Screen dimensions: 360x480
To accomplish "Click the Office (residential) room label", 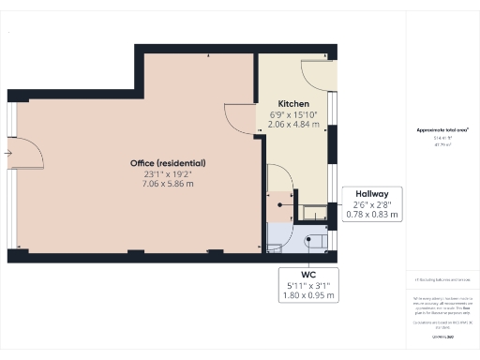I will click(x=168, y=163).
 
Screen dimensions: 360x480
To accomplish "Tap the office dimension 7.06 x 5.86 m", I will click(x=168, y=186).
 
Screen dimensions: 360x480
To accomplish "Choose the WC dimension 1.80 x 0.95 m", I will click(x=308, y=296).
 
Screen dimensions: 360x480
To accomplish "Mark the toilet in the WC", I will click(x=317, y=243).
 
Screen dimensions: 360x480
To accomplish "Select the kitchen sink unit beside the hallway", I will click(x=310, y=210).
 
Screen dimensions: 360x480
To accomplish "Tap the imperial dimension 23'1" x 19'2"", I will click(x=168, y=174).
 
